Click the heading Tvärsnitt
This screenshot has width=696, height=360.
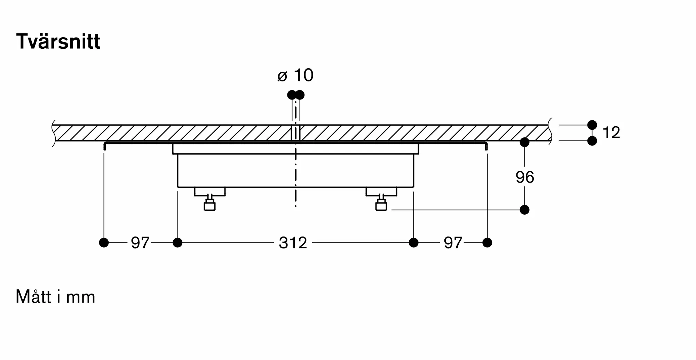click(58, 42)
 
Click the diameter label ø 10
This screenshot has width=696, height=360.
click(295, 75)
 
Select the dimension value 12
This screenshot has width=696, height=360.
click(611, 133)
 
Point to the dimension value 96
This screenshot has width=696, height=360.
click(525, 177)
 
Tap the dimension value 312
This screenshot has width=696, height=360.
click(293, 243)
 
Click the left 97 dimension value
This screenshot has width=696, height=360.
click(140, 243)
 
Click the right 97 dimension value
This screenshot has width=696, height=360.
click(453, 243)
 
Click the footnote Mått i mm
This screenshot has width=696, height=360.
click(55, 297)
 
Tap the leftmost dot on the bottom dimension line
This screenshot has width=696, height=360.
click(104, 243)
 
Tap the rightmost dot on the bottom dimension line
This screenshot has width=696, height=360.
click(487, 243)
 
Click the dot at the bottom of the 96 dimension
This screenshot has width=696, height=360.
click(524, 210)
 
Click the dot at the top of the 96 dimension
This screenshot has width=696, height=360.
click(524, 142)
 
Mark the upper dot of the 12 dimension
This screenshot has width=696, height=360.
click(592, 125)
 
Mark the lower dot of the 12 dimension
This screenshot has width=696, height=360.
click(592, 141)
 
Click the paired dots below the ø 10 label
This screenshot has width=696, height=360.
click(296, 95)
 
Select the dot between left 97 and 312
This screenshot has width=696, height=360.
click(177, 243)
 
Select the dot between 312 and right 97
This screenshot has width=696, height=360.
click(413, 243)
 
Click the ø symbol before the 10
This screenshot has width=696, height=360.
click(282, 77)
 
